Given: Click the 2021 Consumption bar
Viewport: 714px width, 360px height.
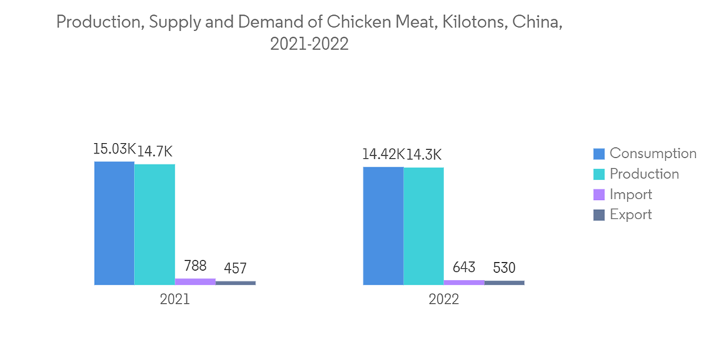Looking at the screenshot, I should (x=114, y=223).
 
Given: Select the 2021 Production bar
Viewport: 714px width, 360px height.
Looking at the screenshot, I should (x=154, y=224).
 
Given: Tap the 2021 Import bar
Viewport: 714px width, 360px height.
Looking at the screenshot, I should (x=195, y=281).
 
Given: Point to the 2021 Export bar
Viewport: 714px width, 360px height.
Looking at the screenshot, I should (x=236, y=283).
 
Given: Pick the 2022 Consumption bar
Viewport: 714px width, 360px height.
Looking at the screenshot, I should (x=383, y=226).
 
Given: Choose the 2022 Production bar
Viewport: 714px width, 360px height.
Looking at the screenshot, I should (x=423, y=226).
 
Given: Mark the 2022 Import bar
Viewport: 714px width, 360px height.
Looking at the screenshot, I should (x=464, y=282).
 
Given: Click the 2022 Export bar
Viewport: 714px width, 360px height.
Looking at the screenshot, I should (x=504, y=282).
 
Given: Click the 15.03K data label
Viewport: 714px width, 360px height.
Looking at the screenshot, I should (x=114, y=149).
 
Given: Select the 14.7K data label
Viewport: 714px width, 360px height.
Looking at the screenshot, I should (x=156, y=151).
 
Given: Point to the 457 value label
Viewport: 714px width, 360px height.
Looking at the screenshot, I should (x=236, y=269).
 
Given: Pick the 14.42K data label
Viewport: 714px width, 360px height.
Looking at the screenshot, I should (x=383, y=154).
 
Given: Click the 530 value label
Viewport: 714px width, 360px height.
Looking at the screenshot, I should (x=505, y=269).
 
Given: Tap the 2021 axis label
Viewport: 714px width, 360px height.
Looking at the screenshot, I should (x=175, y=300).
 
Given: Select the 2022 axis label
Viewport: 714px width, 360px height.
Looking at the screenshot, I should (x=444, y=300).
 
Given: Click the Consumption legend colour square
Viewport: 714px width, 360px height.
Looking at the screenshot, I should (x=599, y=154).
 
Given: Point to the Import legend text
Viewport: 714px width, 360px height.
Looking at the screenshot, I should (x=630, y=194).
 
